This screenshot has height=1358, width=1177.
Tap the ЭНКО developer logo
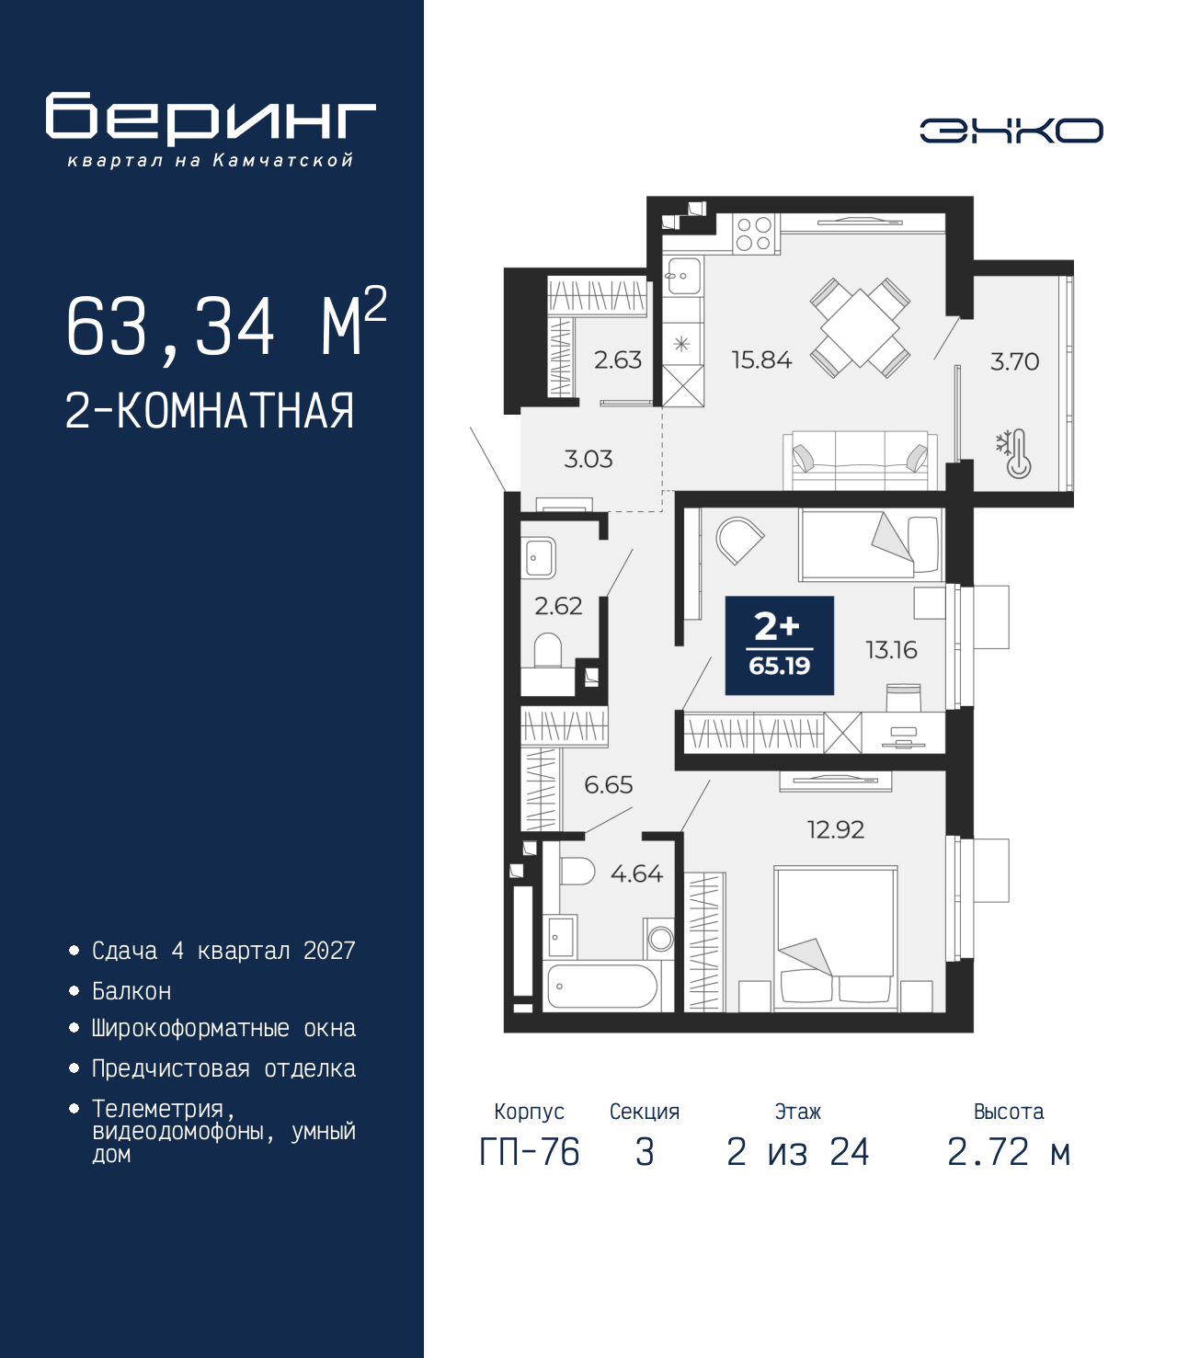click(1011, 130)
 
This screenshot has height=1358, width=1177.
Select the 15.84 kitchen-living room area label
click(761, 360)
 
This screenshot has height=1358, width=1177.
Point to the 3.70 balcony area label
click(1014, 362)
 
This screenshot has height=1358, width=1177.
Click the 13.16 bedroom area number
click(891, 650)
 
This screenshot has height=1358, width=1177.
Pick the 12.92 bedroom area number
click(835, 829)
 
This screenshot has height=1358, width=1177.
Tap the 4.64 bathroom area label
click(636, 873)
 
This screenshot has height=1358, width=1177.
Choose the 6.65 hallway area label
click(609, 785)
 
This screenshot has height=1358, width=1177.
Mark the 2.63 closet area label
click(618, 360)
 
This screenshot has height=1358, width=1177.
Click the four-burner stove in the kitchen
click(754, 234)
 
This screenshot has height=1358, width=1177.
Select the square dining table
click(860, 328)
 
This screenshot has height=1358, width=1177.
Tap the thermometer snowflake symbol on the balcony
click(1014, 453)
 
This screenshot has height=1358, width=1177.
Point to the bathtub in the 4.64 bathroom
click(600, 987)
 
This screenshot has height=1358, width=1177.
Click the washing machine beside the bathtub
click(660, 939)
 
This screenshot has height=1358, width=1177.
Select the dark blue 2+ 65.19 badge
click(780, 645)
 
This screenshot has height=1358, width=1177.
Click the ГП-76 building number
click(529, 1152)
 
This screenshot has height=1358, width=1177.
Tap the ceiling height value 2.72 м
click(1009, 1152)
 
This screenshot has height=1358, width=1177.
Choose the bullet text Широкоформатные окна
click(223, 1029)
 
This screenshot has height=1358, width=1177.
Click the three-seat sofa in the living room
click(861, 460)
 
